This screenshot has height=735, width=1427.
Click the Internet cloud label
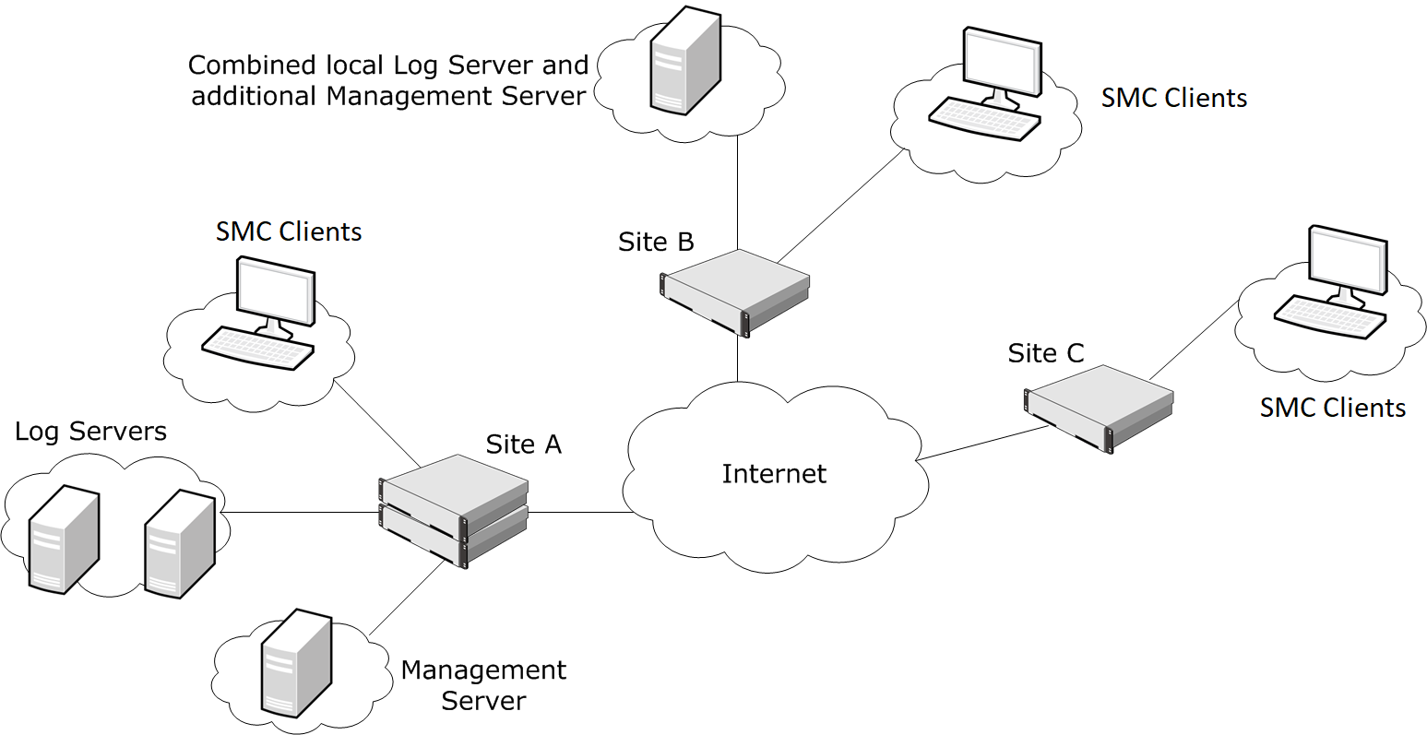point(774,474)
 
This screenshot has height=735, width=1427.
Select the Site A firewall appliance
point(454,510)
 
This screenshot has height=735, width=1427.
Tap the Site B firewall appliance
point(735,290)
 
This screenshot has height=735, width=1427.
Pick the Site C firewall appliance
point(1099,408)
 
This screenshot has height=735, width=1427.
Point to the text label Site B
point(656,242)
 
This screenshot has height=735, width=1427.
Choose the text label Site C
point(1045,353)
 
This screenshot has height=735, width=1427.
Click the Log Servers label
point(90,431)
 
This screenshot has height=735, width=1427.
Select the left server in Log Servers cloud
point(64,539)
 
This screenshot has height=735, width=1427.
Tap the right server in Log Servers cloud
point(180,543)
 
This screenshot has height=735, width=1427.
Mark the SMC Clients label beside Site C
point(1332,408)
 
